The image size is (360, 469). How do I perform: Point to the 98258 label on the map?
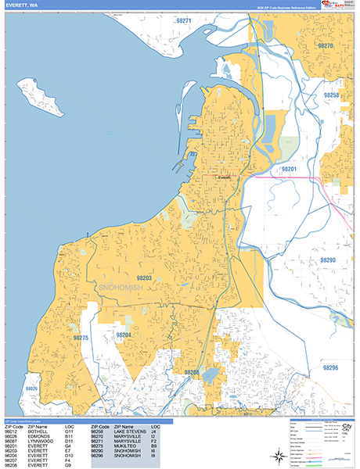(331, 95)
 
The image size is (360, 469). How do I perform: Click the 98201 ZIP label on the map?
(290, 169)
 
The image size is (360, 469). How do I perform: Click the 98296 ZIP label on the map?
(329, 367)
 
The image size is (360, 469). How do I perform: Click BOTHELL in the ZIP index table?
(34, 431)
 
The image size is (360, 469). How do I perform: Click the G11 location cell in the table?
(69, 431)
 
